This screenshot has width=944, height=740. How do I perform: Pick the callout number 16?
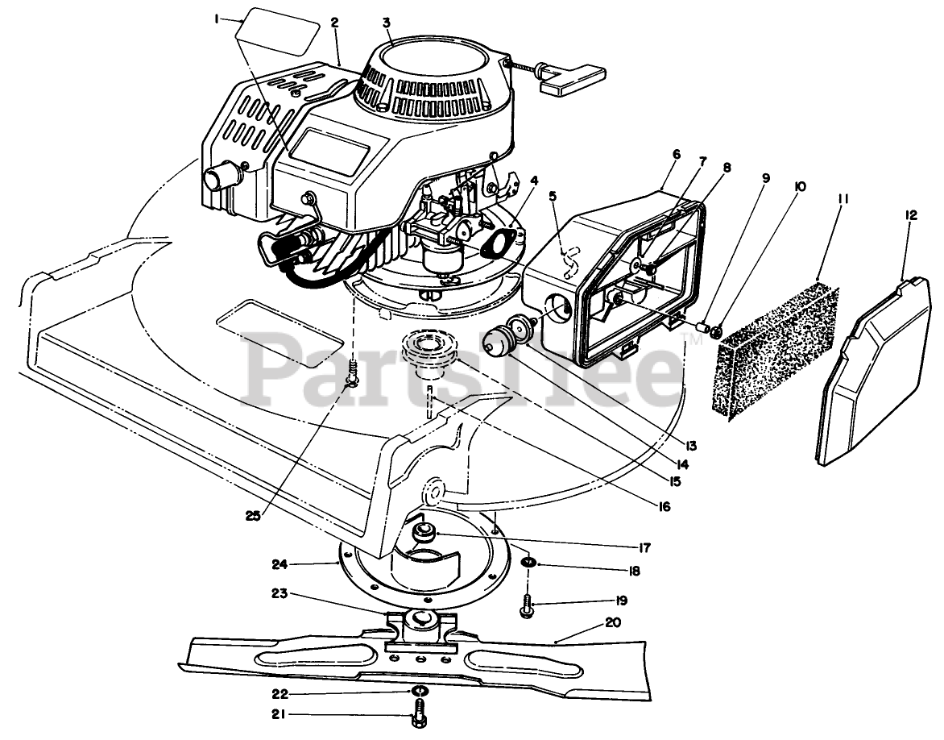664,506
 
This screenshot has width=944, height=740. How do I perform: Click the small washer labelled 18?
530,561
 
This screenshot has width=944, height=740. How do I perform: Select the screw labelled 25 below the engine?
353,374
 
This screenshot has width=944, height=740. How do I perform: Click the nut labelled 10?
716,330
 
